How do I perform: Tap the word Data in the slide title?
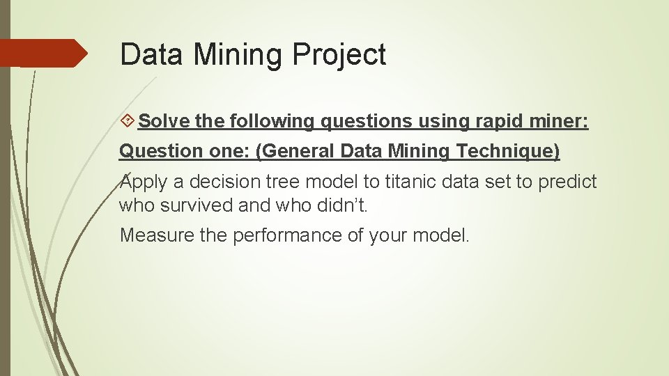point(149,54)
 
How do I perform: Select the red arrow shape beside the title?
point(43,53)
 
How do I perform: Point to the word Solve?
point(164,121)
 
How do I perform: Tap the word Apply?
point(144,182)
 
